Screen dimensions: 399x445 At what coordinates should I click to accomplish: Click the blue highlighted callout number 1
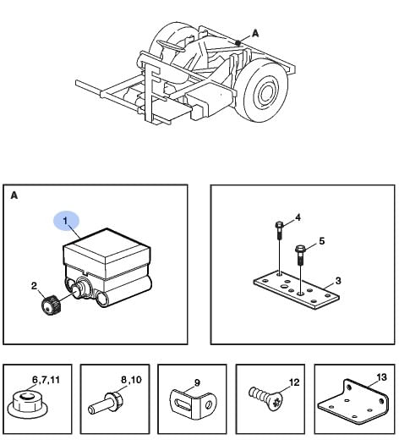66,221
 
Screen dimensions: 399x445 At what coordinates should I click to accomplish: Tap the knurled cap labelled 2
51,305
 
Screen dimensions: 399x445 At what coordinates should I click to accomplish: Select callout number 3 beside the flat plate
338,281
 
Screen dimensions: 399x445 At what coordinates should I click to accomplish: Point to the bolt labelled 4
279,230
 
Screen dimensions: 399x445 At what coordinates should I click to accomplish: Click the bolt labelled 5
300,255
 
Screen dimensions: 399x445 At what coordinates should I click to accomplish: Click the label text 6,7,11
46,380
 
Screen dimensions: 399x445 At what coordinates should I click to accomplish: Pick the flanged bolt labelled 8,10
105,404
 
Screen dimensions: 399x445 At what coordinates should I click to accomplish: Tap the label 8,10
131,380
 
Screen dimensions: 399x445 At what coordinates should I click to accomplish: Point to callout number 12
294,382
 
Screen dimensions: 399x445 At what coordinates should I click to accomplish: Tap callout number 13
382,377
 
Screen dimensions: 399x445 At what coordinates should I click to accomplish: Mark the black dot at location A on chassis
238,43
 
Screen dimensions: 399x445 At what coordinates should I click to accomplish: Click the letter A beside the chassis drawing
255,34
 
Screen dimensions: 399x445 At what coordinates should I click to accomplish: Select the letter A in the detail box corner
14,195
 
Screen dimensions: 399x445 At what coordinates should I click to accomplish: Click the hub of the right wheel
266,93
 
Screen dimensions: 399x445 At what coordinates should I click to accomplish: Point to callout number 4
298,217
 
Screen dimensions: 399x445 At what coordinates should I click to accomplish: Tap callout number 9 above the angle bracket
197,383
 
